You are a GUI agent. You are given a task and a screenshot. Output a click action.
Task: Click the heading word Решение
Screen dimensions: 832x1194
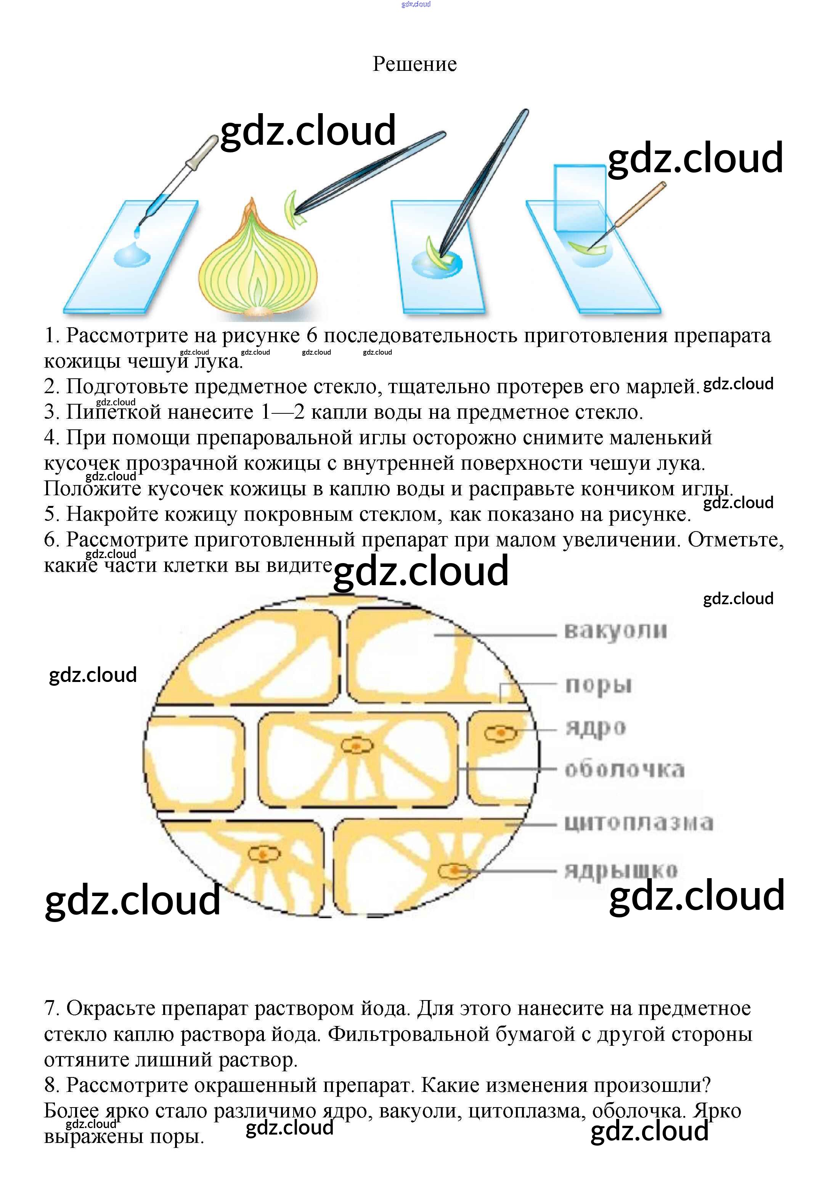[415, 64]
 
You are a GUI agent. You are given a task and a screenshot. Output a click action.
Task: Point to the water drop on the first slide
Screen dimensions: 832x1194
[133, 256]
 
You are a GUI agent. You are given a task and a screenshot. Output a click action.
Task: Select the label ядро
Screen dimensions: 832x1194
[596, 728]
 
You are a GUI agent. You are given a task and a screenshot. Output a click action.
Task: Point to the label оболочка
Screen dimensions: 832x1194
[625, 770]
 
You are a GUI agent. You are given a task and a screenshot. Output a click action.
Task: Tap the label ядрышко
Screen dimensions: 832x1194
[621, 871]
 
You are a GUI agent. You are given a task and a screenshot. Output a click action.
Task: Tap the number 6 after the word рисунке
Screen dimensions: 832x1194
[312, 335]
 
